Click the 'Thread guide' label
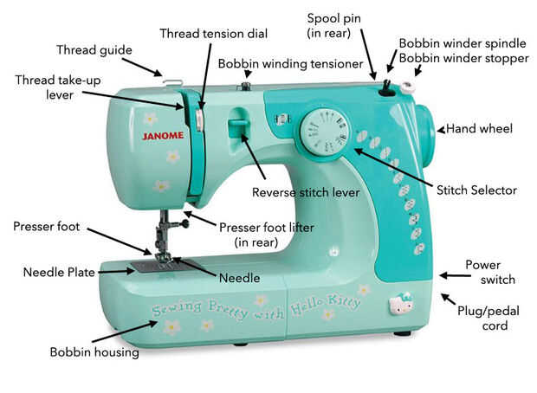94,49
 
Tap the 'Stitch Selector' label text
476,190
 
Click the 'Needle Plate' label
59,272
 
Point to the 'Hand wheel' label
479,129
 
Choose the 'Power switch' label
489,272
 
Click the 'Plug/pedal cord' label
483,319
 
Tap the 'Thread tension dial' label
213,33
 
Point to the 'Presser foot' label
46,227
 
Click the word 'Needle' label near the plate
238,278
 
